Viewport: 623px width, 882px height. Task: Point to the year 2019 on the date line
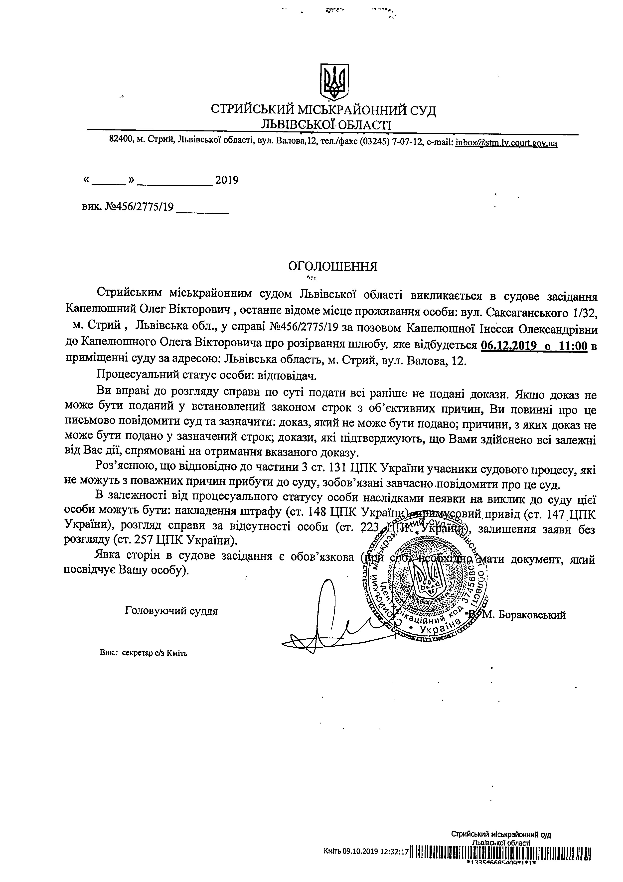coord(227,180)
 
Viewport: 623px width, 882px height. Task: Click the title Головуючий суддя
coord(171,611)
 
